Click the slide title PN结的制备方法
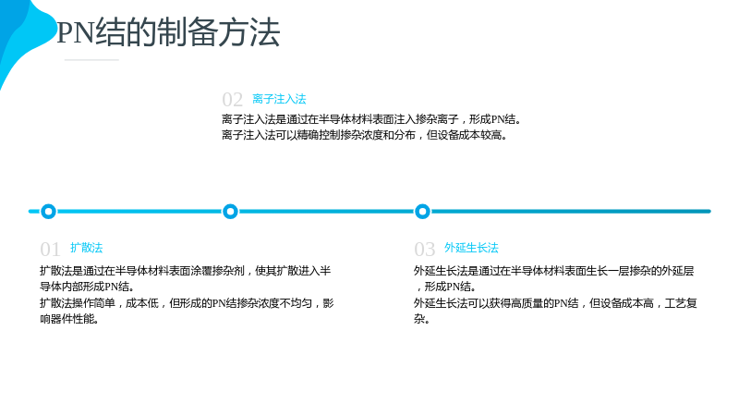coord(168,32)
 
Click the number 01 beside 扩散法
coord(50,249)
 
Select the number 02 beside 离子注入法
coord(233,100)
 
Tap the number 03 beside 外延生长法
coord(424,249)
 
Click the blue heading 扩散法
coord(86,248)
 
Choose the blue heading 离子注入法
coord(279,99)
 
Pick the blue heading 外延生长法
coord(471,248)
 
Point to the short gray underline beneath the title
coord(91,60)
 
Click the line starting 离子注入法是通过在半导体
coord(371,119)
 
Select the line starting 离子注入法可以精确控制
coord(365,135)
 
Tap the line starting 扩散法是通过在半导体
coord(186,271)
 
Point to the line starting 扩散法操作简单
coord(187,303)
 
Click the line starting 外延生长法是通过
coord(553,271)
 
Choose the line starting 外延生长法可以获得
coord(555,303)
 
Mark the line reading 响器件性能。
coord(69,319)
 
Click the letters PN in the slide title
coord(76,33)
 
